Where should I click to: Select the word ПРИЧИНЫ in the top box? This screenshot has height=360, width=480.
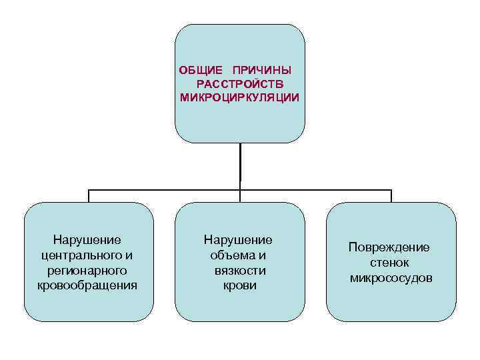263,70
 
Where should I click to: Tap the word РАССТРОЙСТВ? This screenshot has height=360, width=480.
240,83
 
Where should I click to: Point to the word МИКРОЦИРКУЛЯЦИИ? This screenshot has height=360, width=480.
240,97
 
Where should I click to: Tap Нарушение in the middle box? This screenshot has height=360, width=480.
239,240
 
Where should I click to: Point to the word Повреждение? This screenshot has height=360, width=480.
389,247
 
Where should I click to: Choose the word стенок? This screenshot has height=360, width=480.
389,263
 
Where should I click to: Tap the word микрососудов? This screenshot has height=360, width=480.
391,277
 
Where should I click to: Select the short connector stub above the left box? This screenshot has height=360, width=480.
89,196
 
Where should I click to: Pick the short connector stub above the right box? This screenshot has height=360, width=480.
391,196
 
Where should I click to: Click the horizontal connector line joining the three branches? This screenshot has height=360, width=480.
167,190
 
